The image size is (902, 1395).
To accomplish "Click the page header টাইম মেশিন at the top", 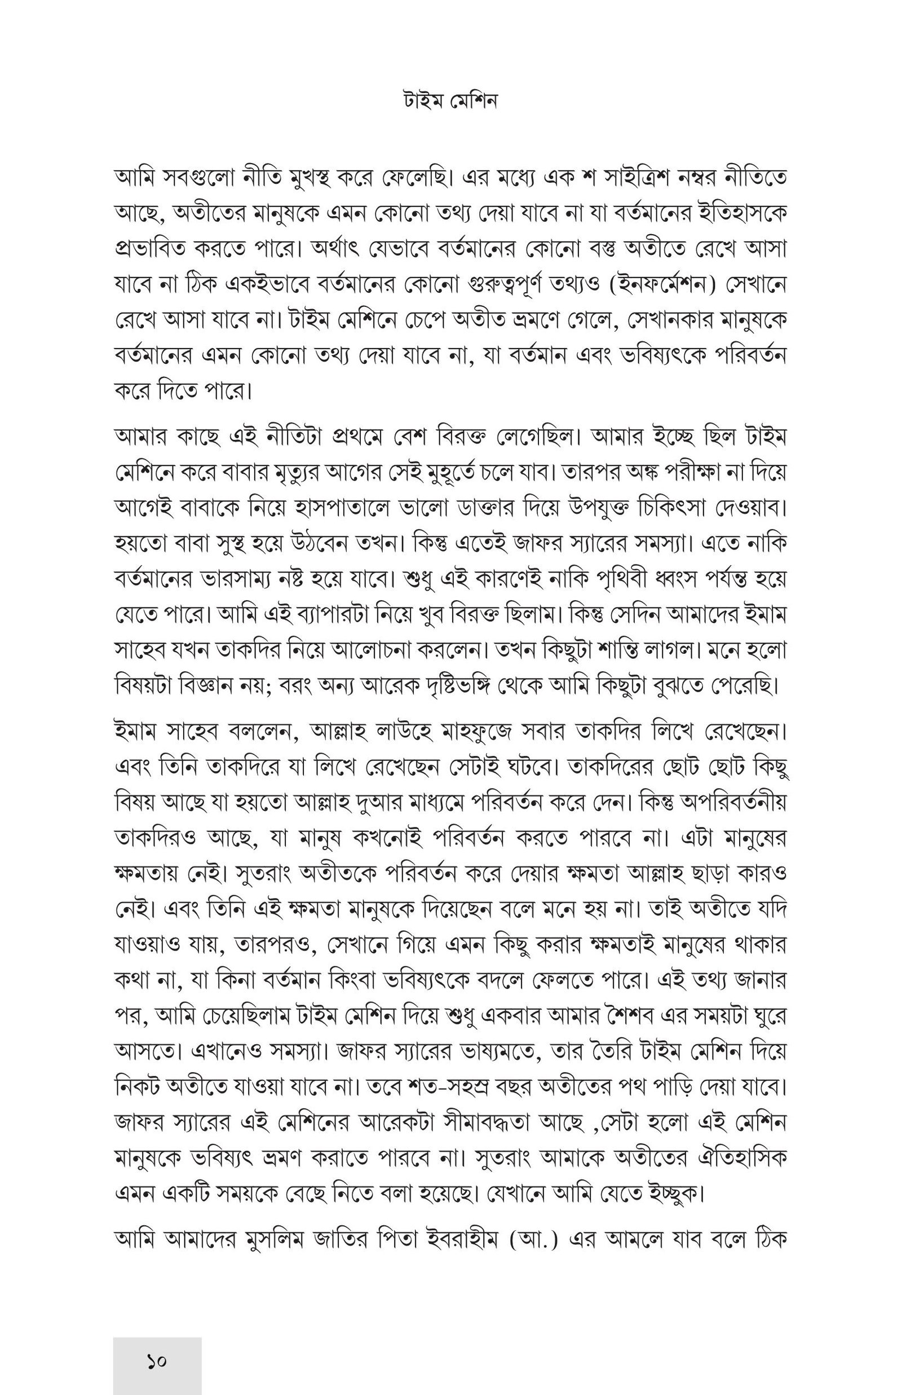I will (450, 102).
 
